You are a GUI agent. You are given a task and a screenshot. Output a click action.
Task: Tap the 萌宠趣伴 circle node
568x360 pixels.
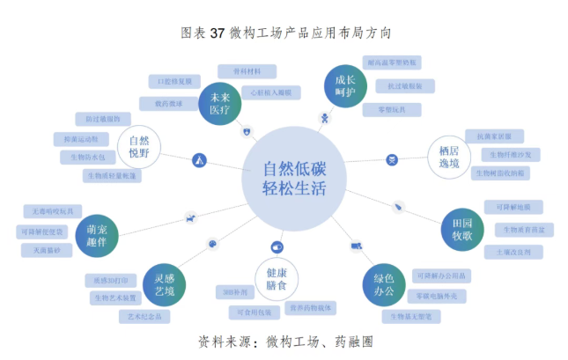pyautogui.click(x=91, y=234)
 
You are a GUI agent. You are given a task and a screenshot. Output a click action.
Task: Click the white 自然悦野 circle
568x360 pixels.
pyautogui.click(x=138, y=149)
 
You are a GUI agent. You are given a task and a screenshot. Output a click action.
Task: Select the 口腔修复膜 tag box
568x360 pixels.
pyautogui.click(x=173, y=82)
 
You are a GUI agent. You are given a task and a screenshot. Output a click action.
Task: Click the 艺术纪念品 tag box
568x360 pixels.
pyautogui.click(x=144, y=316)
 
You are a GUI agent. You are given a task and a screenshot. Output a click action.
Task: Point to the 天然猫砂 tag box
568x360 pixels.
pyautogui.click(x=47, y=251)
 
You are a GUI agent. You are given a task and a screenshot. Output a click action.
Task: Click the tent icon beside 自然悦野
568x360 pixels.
pyautogui.click(x=199, y=159)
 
